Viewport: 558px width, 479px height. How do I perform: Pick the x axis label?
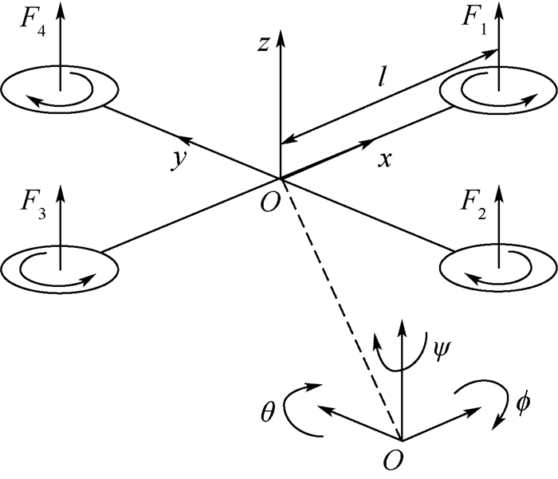click(x=385, y=159)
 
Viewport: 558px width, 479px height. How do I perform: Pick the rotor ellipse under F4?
click(x=61, y=88)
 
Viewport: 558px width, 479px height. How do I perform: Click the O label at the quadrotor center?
click(x=269, y=202)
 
